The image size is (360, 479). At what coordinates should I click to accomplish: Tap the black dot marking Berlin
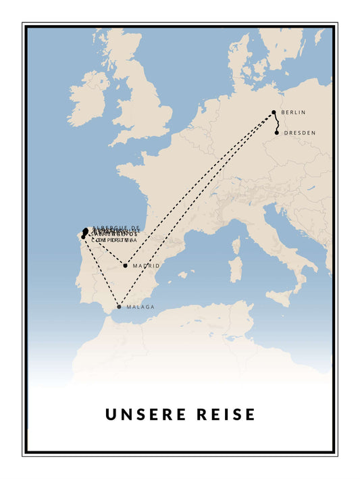[x=274, y=112]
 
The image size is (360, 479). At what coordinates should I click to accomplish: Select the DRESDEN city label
[x=299, y=132]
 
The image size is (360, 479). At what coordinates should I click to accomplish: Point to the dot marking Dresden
[x=277, y=132]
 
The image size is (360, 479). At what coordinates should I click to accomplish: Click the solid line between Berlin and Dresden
[x=276, y=122]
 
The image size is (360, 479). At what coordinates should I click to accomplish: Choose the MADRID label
[x=146, y=266]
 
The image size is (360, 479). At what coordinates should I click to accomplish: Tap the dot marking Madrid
[x=125, y=266]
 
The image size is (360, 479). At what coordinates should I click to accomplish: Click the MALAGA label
[x=140, y=307]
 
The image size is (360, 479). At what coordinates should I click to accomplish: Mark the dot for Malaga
[x=120, y=307]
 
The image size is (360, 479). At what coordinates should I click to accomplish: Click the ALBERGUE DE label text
[x=115, y=228]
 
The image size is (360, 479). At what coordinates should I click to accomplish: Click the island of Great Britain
[x=145, y=101]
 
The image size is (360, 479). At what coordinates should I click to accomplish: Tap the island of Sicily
[x=284, y=295]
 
